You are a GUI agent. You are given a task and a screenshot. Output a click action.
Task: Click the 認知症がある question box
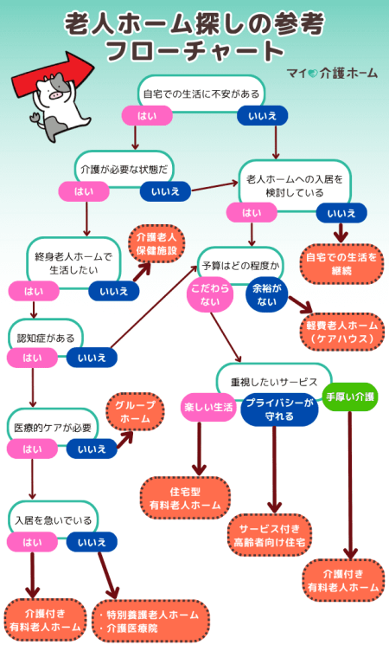click(42, 336)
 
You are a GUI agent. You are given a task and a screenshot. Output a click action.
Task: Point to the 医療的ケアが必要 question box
click(52, 428)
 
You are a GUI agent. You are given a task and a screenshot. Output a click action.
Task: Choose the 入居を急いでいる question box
click(52, 520)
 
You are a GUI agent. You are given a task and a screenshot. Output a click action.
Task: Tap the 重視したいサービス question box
click(273, 381)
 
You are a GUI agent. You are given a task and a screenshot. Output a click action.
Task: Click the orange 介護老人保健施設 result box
click(156, 243)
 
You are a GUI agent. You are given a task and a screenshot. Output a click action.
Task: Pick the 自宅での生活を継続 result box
click(341, 263)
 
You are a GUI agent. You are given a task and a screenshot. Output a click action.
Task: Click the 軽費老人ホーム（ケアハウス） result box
click(341, 332)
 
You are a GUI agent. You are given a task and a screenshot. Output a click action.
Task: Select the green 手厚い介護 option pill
click(350, 397)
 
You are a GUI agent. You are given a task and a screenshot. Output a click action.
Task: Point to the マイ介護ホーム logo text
click(330, 73)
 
